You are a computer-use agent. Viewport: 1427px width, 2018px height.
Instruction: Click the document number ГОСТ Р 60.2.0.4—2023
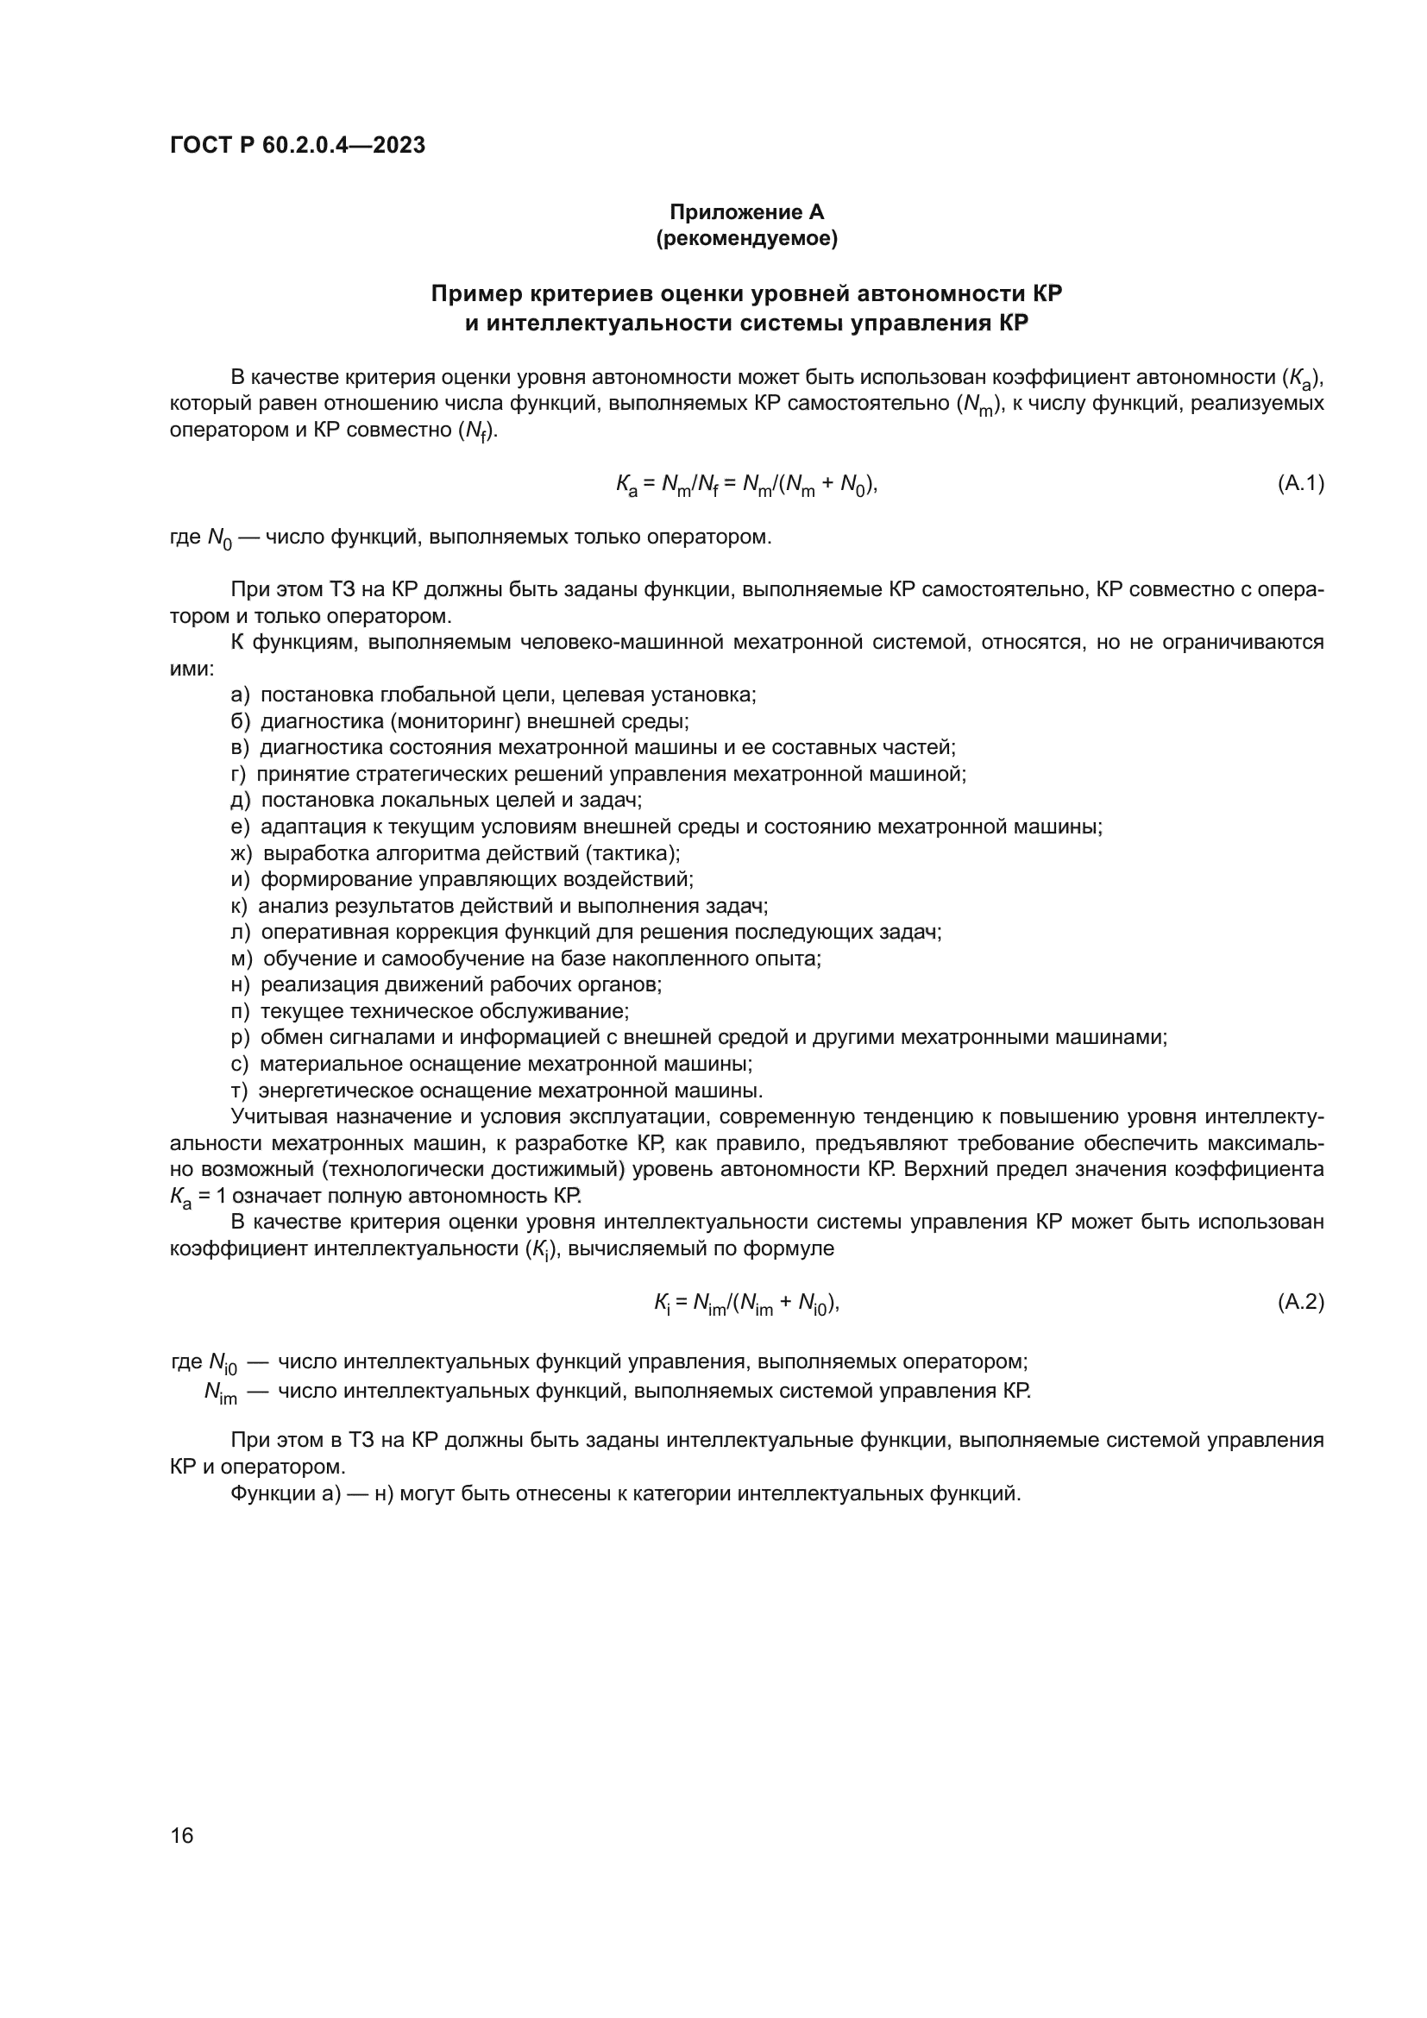click(297, 145)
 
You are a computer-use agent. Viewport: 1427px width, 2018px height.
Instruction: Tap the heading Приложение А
click(746, 212)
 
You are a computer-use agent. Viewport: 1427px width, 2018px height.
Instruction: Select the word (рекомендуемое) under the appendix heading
click(746, 238)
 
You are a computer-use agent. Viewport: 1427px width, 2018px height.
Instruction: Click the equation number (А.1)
click(1299, 482)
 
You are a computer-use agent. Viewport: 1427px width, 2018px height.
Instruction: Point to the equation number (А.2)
click(1299, 1302)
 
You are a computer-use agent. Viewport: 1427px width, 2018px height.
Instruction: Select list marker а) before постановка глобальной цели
click(240, 695)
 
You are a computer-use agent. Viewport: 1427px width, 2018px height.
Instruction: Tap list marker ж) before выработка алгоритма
click(241, 852)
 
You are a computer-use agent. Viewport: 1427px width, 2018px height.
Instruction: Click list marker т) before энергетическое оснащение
click(240, 1091)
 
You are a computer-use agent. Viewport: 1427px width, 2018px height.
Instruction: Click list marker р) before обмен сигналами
click(240, 1037)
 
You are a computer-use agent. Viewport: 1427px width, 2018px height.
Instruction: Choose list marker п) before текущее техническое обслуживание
click(240, 1011)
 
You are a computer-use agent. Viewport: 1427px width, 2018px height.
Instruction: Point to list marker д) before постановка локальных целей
click(240, 800)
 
